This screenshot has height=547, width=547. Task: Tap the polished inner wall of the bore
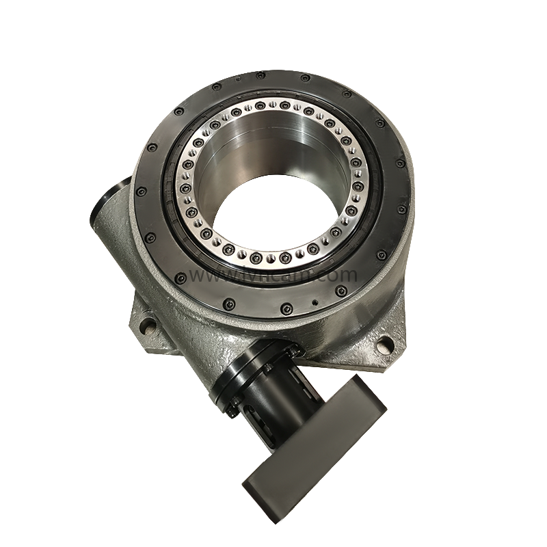click(273, 147)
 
